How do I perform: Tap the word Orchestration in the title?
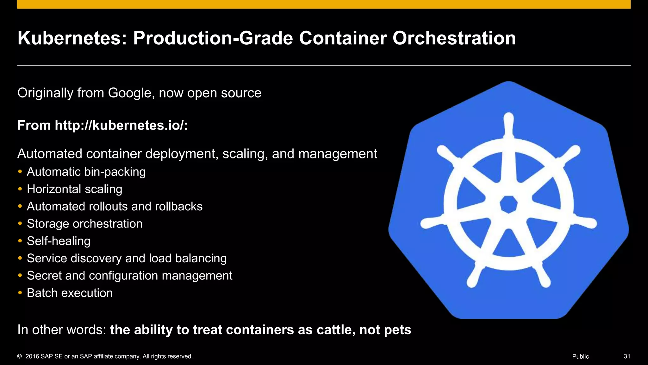[x=454, y=38]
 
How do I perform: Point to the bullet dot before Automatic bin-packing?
[x=20, y=172]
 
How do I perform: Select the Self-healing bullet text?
[x=59, y=241]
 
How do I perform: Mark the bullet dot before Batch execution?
[x=20, y=293]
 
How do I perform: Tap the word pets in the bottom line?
[x=397, y=330]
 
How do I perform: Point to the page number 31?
[x=627, y=356]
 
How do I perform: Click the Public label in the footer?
[x=580, y=356]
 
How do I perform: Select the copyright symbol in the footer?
[x=20, y=356]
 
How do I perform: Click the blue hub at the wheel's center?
[x=508, y=205]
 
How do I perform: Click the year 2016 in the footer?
[x=32, y=356]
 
